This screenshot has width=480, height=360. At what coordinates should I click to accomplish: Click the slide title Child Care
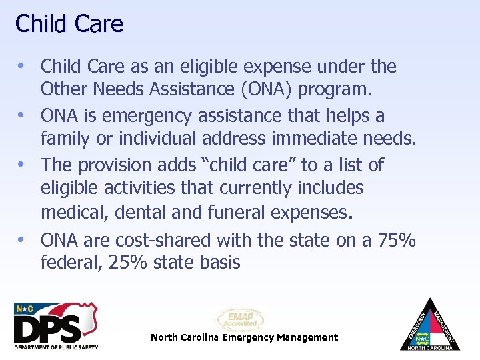tap(69, 24)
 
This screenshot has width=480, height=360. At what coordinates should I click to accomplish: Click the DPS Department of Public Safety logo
tap(56, 326)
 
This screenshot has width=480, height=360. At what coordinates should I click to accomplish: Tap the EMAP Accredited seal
tap(240, 319)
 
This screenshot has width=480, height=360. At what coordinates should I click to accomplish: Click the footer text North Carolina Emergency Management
tap(244, 337)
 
